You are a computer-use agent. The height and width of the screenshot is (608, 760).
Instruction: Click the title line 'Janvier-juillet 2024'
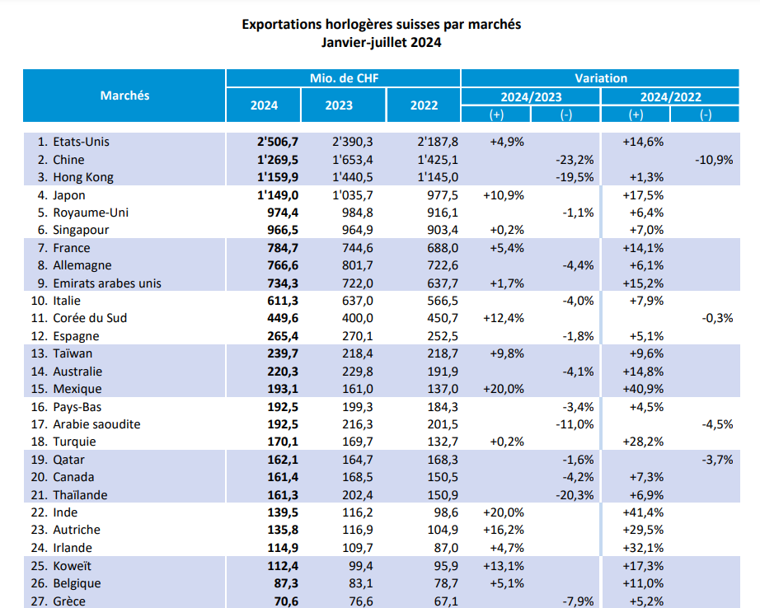381,43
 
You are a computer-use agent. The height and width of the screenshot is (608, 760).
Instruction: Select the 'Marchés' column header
124,96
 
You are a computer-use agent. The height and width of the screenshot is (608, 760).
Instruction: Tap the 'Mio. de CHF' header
344,78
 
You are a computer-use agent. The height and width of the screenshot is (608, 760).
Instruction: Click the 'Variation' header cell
601,78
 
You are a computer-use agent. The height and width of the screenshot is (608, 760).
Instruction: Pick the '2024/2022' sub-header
670,96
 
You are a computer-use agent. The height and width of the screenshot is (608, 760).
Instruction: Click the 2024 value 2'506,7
277,142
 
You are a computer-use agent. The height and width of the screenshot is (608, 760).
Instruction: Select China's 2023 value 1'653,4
353,159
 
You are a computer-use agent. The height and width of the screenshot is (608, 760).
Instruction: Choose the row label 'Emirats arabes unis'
106,283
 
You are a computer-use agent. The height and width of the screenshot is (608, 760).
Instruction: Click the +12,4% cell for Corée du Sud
506,318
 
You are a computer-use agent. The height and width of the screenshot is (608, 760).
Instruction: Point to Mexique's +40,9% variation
646,389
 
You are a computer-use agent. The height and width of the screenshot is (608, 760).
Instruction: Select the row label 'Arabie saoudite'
96,424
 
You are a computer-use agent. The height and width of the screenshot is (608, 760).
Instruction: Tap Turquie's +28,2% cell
646,442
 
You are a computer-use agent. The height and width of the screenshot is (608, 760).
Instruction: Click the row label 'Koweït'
73,566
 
